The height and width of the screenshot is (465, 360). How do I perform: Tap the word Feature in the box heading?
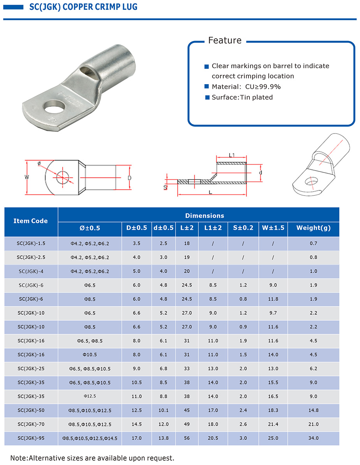click(x=225, y=41)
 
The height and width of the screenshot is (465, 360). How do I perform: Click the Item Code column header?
click(x=30, y=221)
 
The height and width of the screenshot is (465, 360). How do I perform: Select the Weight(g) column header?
click(x=313, y=228)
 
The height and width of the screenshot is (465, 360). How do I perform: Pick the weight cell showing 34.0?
click(x=313, y=438)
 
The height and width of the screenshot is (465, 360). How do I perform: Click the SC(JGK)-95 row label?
click(x=31, y=438)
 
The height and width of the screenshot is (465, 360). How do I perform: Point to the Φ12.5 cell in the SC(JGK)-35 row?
click(x=90, y=396)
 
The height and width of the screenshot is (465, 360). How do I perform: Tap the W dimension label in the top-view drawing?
click(x=26, y=177)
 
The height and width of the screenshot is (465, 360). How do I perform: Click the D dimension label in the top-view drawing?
click(x=129, y=178)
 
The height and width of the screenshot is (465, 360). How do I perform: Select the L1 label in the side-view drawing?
click(x=232, y=155)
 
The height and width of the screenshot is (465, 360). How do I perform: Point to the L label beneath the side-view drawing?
click(x=210, y=192)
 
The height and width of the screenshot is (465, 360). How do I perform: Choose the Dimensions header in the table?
click(x=204, y=215)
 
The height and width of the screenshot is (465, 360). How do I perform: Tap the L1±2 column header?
click(x=213, y=228)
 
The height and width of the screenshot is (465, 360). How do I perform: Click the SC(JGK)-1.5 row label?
click(x=31, y=243)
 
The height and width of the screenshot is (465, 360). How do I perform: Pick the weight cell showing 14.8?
click(x=313, y=410)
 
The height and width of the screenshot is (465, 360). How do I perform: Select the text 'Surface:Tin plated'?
click(x=242, y=97)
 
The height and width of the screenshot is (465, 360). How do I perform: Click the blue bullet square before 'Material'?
click(x=207, y=87)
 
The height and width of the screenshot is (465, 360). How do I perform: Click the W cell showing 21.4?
click(x=273, y=424)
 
